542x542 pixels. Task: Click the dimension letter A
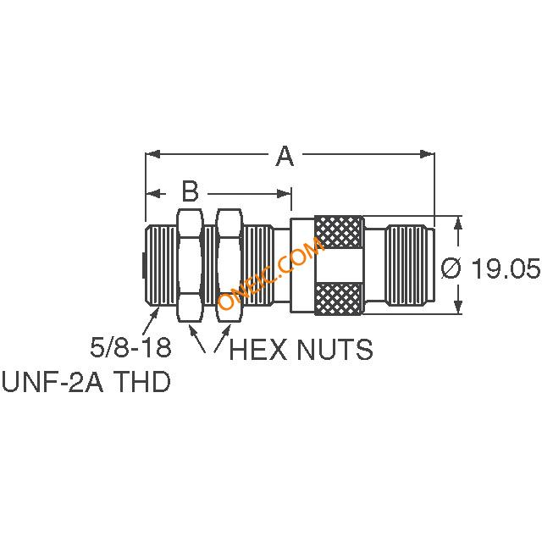(285, 156)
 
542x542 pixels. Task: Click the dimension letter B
(190, 188)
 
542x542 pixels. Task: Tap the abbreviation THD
(139, 382)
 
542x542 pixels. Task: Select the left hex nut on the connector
(189, 266)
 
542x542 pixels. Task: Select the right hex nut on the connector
(229, 266)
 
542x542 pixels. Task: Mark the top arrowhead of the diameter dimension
(458, 222)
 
